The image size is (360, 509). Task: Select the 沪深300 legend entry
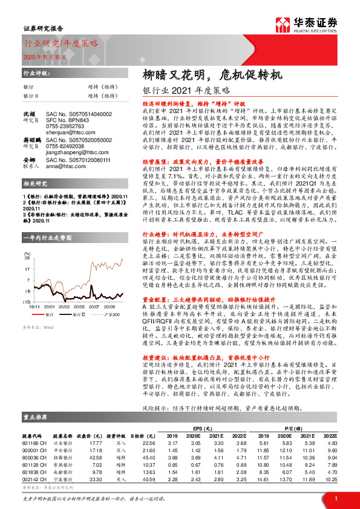pyautogui.click(x=111, y=315)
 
